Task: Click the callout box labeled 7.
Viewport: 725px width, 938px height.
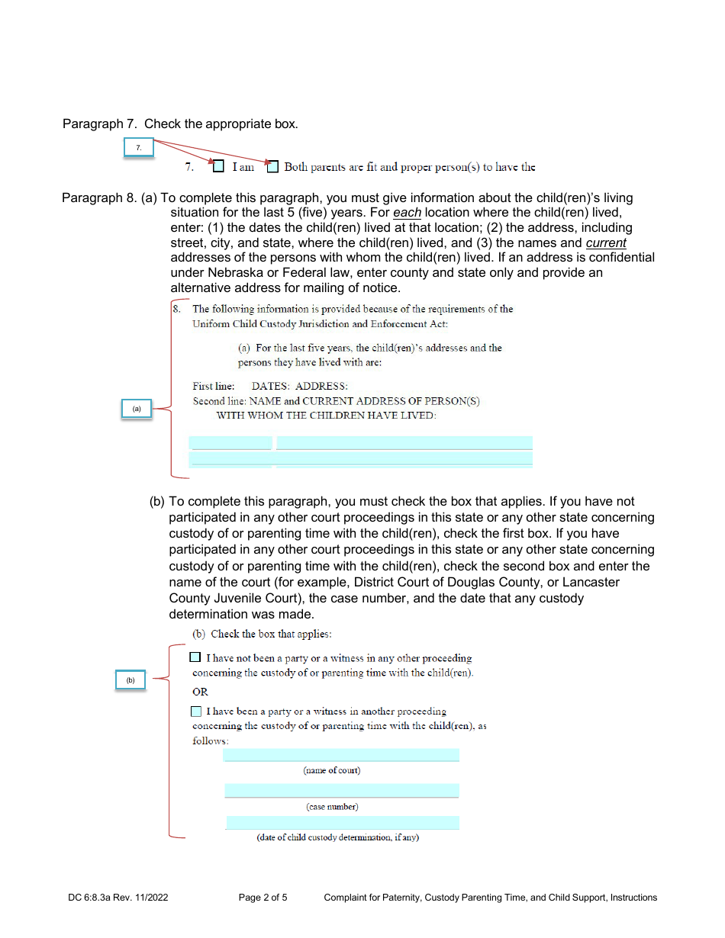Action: pyautogui.click(x=139, y=147)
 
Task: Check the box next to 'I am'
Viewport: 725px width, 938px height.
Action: pyautogui.click(x=219, y=166)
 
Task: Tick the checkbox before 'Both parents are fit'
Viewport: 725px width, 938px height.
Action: pyautogui.click(x=272, y=166)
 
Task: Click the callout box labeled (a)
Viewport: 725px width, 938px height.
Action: pyautogui.click(x=137, y=409)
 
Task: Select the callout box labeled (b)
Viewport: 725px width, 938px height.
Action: pyautogui.click(x=130, y=679)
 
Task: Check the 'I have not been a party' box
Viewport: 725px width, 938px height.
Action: pyautogui.click(x=195, y=657)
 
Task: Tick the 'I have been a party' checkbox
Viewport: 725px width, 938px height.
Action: pyautogui.click(x=196, y=712)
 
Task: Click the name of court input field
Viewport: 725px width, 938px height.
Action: pyautogui.click(x=341, y=754)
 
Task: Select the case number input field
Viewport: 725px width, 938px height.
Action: pyautogui.click(x=341, y=790)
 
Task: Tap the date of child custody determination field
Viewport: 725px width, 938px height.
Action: pyautogui.click(x=343, y=822)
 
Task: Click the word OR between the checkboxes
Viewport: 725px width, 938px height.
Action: pyautogui.click(x=200, y=692)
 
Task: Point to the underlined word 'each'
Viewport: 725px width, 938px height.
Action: pyautogui.click(x=407, y=213)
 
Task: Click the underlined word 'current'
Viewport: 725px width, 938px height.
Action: pyautogui.click(x=606, y=243)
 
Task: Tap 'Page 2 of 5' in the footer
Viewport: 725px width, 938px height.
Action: pyautogui.click(x=263, y=898)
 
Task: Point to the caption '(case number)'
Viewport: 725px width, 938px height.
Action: pyautogui.click(x=332, y=807)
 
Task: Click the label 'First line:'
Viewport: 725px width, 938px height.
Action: pyautogui.click(x=214, y=386)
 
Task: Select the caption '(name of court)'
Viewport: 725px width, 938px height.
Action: pyautogui.click(x=332, y=770)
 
